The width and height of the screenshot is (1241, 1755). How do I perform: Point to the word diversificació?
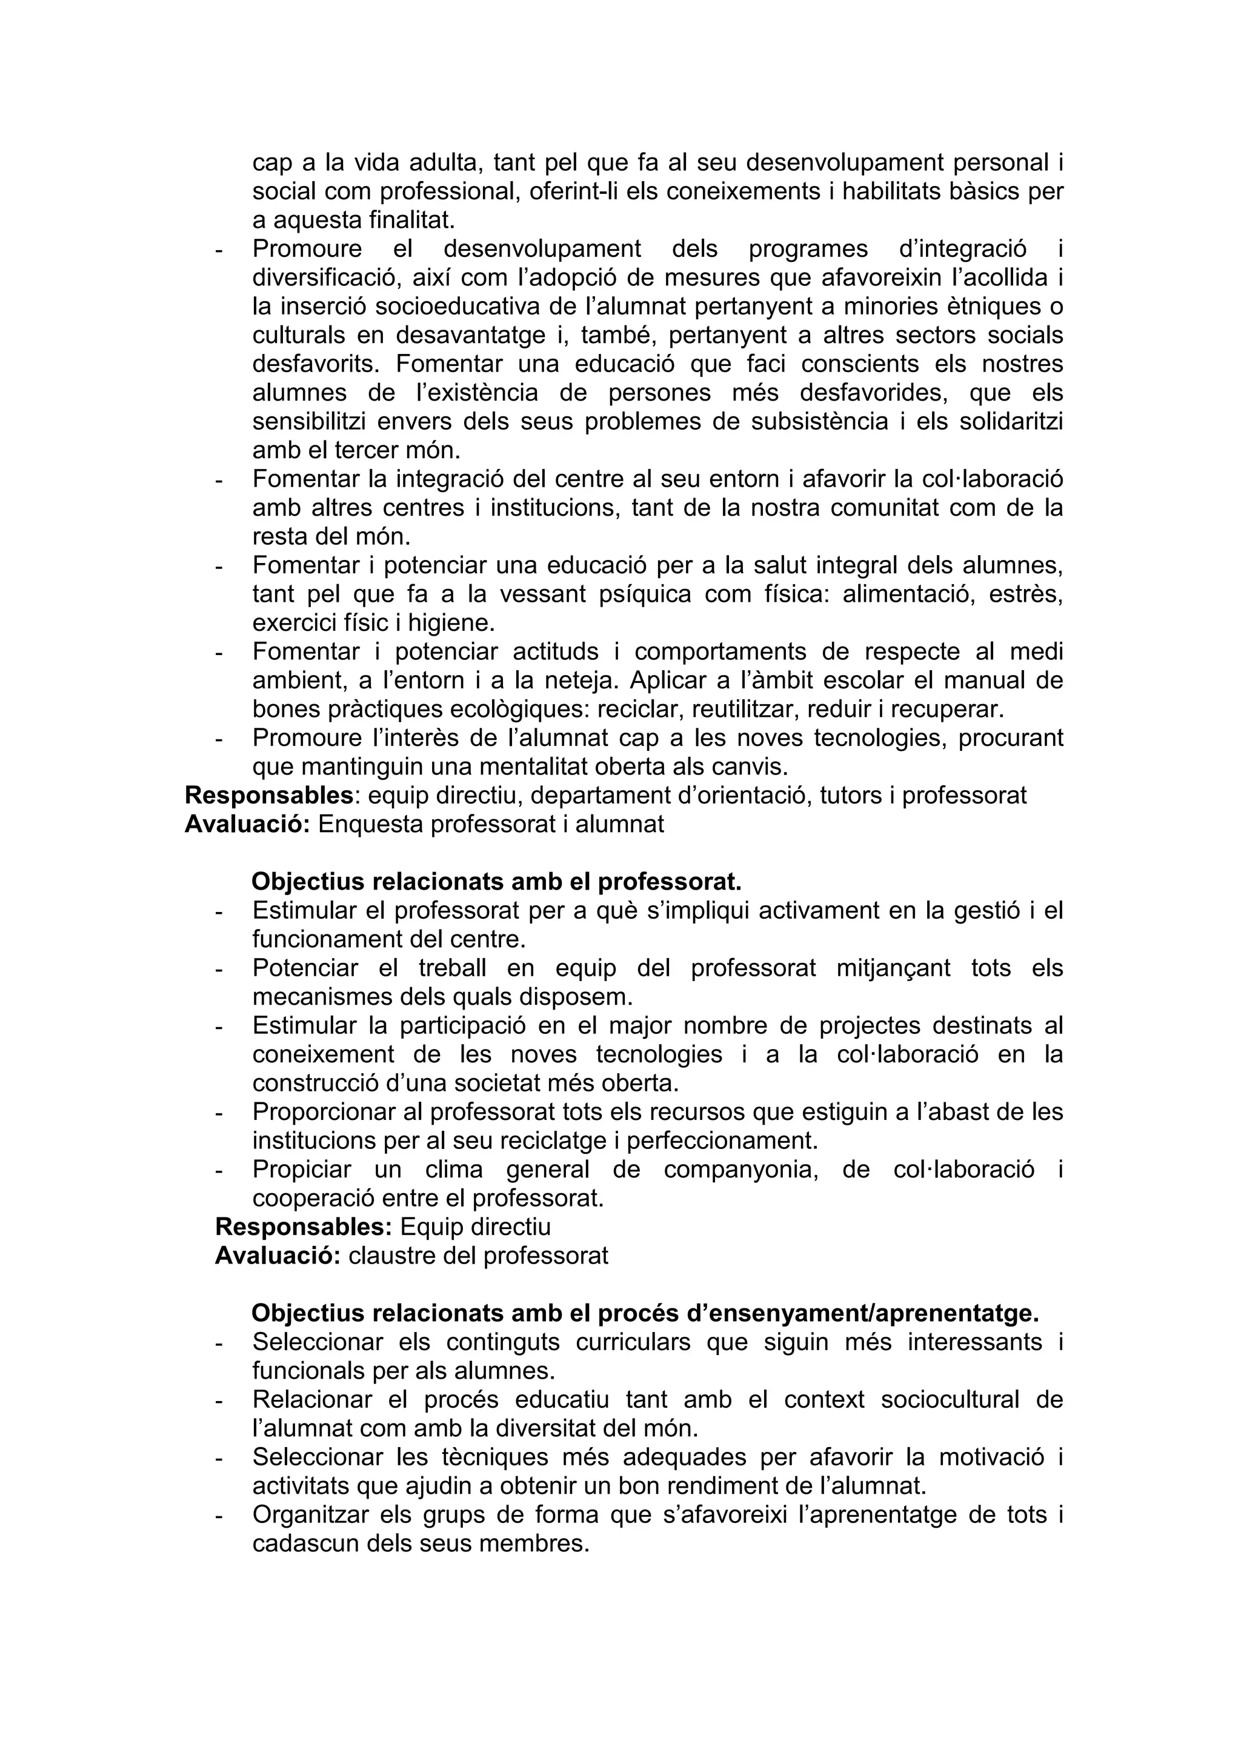322,278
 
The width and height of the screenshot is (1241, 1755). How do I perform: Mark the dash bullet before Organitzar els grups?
220,1516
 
